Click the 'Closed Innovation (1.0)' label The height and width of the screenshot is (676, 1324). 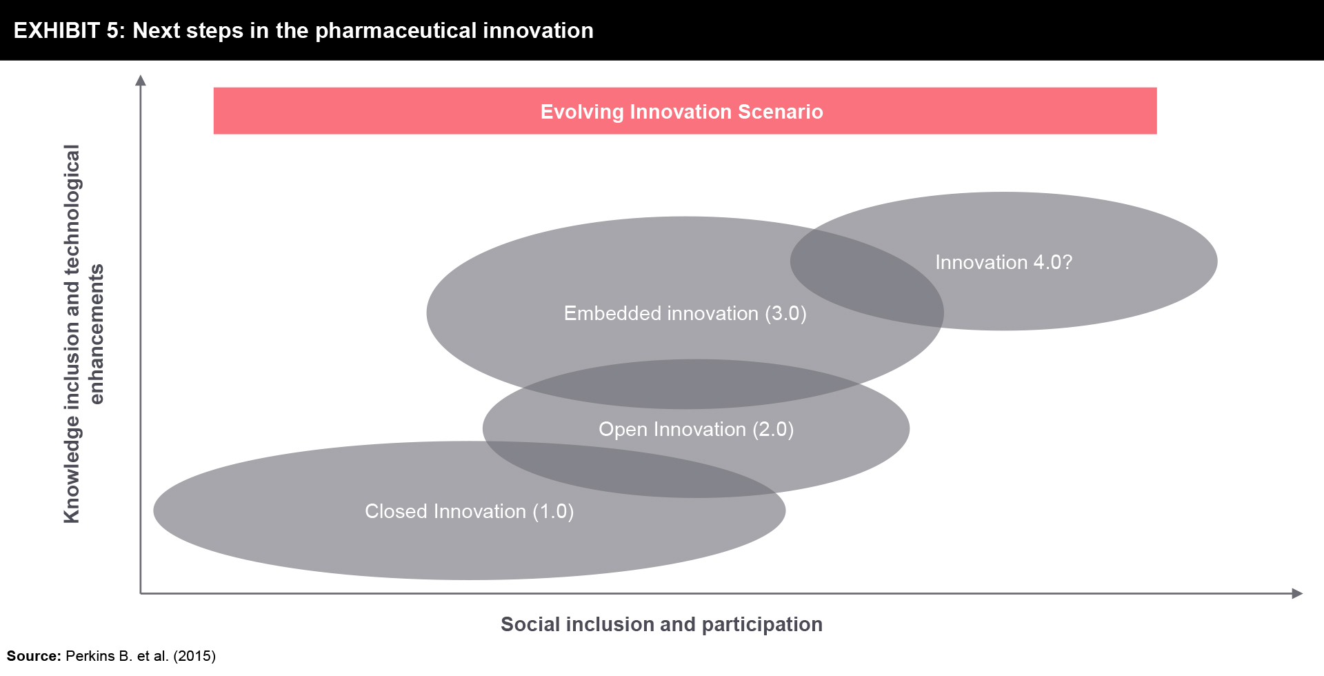coord(469,511)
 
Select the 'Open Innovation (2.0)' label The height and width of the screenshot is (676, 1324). coord(696,429)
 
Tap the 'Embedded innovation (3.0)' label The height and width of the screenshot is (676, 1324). coord(685,313)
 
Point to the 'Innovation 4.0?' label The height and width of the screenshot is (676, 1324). coord(1003,262)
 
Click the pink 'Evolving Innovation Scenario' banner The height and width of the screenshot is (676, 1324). coord(685,110)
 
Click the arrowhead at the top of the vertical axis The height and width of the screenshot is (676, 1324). coord(141,80)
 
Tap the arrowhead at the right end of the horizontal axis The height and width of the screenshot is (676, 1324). coord(1297,593)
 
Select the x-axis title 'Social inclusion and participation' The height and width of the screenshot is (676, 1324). coord(661,624)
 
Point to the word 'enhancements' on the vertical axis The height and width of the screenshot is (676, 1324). coord(96,334)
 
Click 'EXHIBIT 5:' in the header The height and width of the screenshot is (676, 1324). coord(69,30)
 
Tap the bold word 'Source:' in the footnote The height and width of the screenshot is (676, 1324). coord(34,656)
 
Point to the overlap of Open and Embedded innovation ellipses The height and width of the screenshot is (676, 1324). coord(690,384)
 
